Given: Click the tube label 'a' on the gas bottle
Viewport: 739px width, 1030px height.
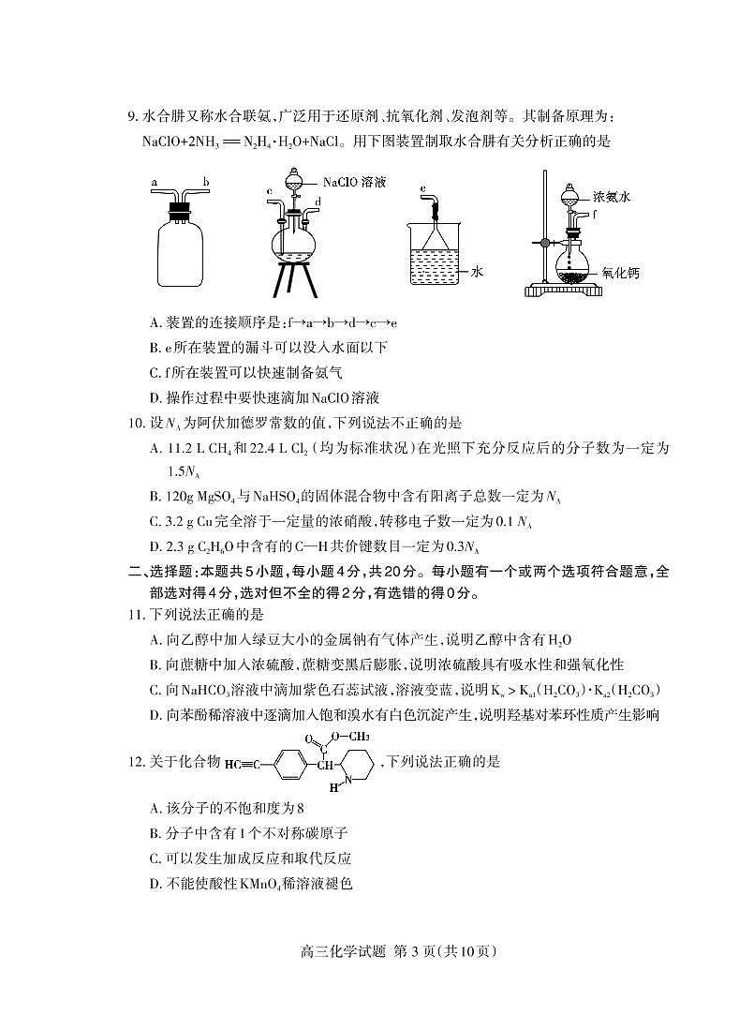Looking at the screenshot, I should tap(154, 181).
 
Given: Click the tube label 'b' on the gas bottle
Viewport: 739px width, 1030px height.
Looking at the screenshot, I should tap(205, 182).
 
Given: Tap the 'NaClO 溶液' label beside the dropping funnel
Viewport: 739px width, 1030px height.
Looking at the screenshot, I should tap(356, 182).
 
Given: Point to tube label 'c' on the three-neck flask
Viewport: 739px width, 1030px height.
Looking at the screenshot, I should tap(269, 190).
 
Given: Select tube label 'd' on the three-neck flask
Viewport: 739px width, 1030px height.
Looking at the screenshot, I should tap(318, 201).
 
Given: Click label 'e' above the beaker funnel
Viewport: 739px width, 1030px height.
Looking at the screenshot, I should tap(423, 189).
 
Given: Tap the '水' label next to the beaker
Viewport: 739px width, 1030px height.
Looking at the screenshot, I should tap(477, 271).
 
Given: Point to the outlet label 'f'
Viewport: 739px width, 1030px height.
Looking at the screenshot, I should tap(596, 215).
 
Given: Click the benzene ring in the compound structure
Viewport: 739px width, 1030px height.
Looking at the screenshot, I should tap(287, 762).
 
